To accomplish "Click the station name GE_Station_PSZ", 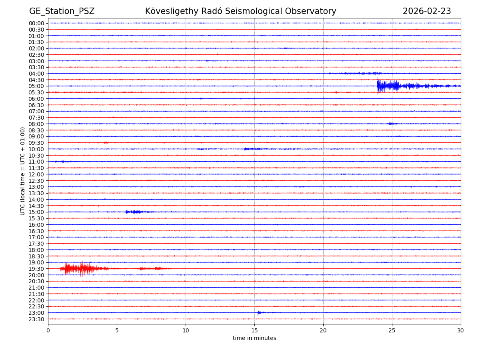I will [62, 11].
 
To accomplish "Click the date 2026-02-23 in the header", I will [426, 11].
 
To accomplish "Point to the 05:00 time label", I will [36, 86].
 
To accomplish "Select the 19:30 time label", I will [36, 269].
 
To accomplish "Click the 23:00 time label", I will [36, 313].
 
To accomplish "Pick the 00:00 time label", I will [36, 23].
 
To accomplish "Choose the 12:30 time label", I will [36, 181].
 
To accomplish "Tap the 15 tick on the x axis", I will [254, 330].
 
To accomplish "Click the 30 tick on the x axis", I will [461, 330].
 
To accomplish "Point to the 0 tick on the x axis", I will [48, 330].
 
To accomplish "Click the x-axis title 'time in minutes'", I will [254, 338].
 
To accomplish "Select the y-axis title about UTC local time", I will [23, 171].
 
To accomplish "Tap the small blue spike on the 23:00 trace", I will [259, 312].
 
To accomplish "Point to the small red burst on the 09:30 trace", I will [106, 142].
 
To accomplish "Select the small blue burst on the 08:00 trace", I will [392, 124].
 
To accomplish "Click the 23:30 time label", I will [36, 319].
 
